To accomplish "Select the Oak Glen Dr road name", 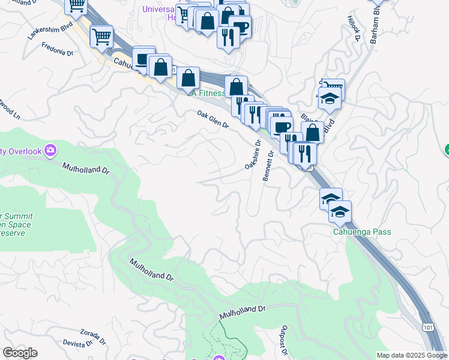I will pyautogui.click(x=213, y=119).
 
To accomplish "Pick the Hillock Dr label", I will pyautogui.click(x=352, y=28).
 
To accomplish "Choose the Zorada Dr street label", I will pyautogui.click(x=92, y=335).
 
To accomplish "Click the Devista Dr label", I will pyautogui.click(x=77, y=344).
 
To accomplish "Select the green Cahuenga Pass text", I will pyautogui.click(x=362, y=232).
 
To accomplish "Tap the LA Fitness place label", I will pyautogui.click(x=207, y=93).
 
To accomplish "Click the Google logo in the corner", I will pyautogui.click(x=20, y=353).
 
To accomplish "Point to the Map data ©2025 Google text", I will pyautogui.click(x=412, y=355).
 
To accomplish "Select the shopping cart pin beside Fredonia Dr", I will pyautogui.click(x=101, y=37).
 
